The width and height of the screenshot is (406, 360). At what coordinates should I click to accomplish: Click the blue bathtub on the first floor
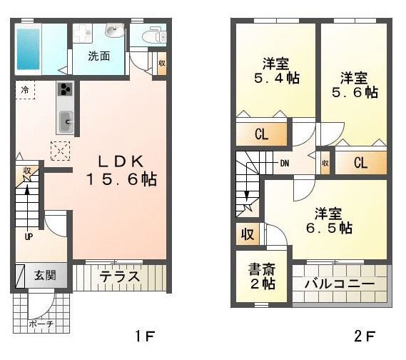click(29, 49)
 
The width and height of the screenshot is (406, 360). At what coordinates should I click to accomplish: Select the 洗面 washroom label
click(99, 56)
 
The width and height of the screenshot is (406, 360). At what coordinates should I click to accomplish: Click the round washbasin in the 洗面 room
click(114, 30)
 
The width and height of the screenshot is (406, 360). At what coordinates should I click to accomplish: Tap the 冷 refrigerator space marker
click(25, 90)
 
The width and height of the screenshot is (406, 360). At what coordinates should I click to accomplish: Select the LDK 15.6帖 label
click(121, 170)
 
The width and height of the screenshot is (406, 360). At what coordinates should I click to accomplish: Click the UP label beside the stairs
click(29, 236)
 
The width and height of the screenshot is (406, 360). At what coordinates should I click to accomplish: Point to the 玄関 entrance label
click(46, 275)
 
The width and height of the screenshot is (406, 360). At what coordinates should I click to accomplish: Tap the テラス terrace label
click(119, 276)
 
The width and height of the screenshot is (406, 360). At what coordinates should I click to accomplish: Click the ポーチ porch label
click(41, 324)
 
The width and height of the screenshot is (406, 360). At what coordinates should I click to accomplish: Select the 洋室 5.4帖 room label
click(277, 71)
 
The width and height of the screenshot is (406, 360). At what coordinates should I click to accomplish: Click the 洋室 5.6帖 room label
click(355, 85)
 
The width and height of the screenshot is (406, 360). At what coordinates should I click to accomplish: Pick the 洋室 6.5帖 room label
click(329, 221)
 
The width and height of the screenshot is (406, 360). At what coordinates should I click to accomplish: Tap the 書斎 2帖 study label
click(262, 276)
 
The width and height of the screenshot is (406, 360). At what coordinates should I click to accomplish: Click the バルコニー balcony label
click(340, 284)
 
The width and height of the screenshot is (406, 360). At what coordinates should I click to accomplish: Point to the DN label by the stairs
click(285, 164)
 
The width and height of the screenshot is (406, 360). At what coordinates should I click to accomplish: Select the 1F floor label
click(145, 336)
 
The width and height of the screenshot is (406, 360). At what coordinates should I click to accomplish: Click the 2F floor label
click(365, 336)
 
